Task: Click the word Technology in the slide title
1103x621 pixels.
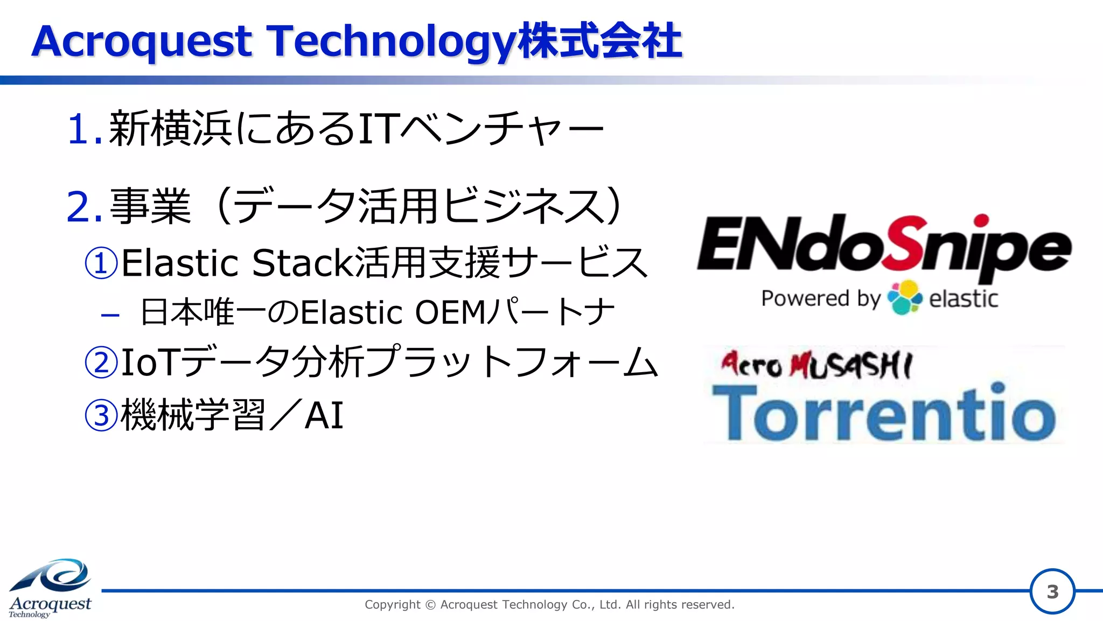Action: point(390,42)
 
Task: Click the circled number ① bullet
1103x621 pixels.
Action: point(101,263)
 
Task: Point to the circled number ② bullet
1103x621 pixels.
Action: point(101,362)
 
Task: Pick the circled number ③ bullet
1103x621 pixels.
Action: point(101,415)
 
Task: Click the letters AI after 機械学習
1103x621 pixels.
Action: point(324,415)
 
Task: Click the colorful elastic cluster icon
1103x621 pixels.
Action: point(904,297)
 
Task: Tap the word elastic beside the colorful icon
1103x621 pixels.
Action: point(964,298)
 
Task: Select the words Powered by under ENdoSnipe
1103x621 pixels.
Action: point(820,298)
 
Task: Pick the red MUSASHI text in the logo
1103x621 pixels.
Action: point(850,366)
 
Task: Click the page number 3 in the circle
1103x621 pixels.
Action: point(1052,592)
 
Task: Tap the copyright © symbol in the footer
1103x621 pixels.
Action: point(430,605)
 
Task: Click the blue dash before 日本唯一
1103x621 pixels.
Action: point(110,315)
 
